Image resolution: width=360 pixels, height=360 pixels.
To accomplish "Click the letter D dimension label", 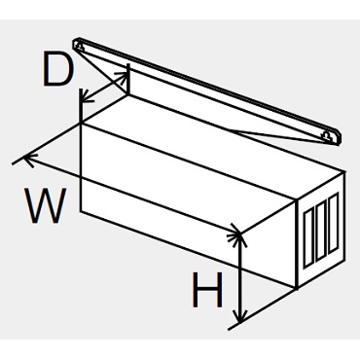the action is click(56, 68).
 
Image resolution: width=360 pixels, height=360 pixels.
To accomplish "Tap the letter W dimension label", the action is click(47, 205).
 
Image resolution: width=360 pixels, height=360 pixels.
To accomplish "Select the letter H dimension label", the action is click(207, 290).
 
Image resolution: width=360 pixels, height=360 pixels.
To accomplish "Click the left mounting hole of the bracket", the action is click(80, 48).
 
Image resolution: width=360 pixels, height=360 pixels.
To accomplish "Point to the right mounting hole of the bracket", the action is click(328, 136).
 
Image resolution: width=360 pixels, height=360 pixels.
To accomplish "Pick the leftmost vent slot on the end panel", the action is click(308, 240).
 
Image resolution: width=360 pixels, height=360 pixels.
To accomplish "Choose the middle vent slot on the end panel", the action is click(320, 231).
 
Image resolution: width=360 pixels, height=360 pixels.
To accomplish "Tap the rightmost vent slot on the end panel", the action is click(334, 223).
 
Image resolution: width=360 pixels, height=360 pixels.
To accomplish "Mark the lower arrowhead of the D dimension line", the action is click(86, 97).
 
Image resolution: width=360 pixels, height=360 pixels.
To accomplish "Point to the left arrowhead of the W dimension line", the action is click(28, 159).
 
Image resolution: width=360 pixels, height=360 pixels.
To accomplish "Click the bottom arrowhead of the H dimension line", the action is click(240, 317).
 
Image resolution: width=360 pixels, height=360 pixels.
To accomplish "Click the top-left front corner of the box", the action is click(81, 124).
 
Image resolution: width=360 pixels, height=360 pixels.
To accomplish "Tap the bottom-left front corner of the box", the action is click(81, 211).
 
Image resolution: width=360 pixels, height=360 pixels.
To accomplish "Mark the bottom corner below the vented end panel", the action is click(297, 288).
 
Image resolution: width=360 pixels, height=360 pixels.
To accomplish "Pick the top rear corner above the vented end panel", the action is click(344, 171).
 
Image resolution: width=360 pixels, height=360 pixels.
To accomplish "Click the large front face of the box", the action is click(188, 205).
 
